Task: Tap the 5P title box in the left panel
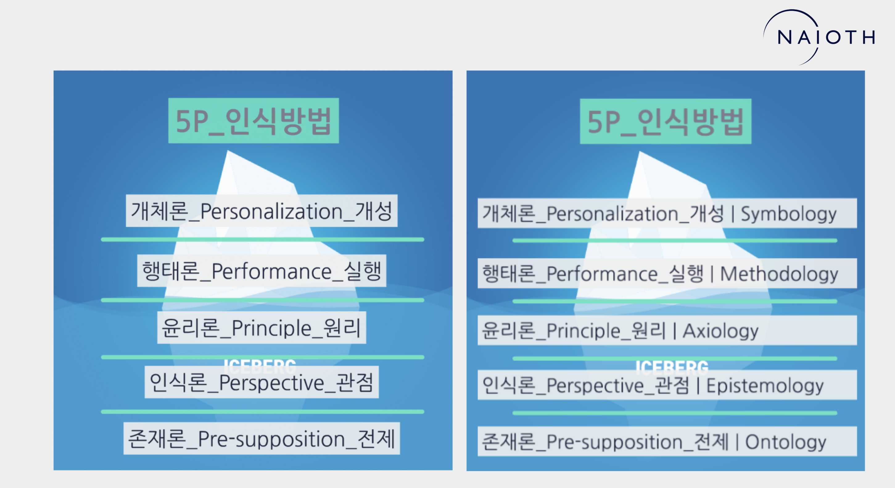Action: pos(253,120)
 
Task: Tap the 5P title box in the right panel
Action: pos(665,121)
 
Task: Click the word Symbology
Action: pos(788,214)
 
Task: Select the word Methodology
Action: pos(779,274)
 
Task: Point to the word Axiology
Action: pos(720,331)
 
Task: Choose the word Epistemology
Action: pos(765,386)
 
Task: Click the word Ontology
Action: pos(786,442)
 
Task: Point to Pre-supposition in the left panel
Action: pos(271,439)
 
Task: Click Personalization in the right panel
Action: pos(612,214)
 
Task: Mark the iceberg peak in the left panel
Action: pos(228,151)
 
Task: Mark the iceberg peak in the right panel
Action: pos(640,152)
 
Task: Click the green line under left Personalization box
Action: pos(262,239)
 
